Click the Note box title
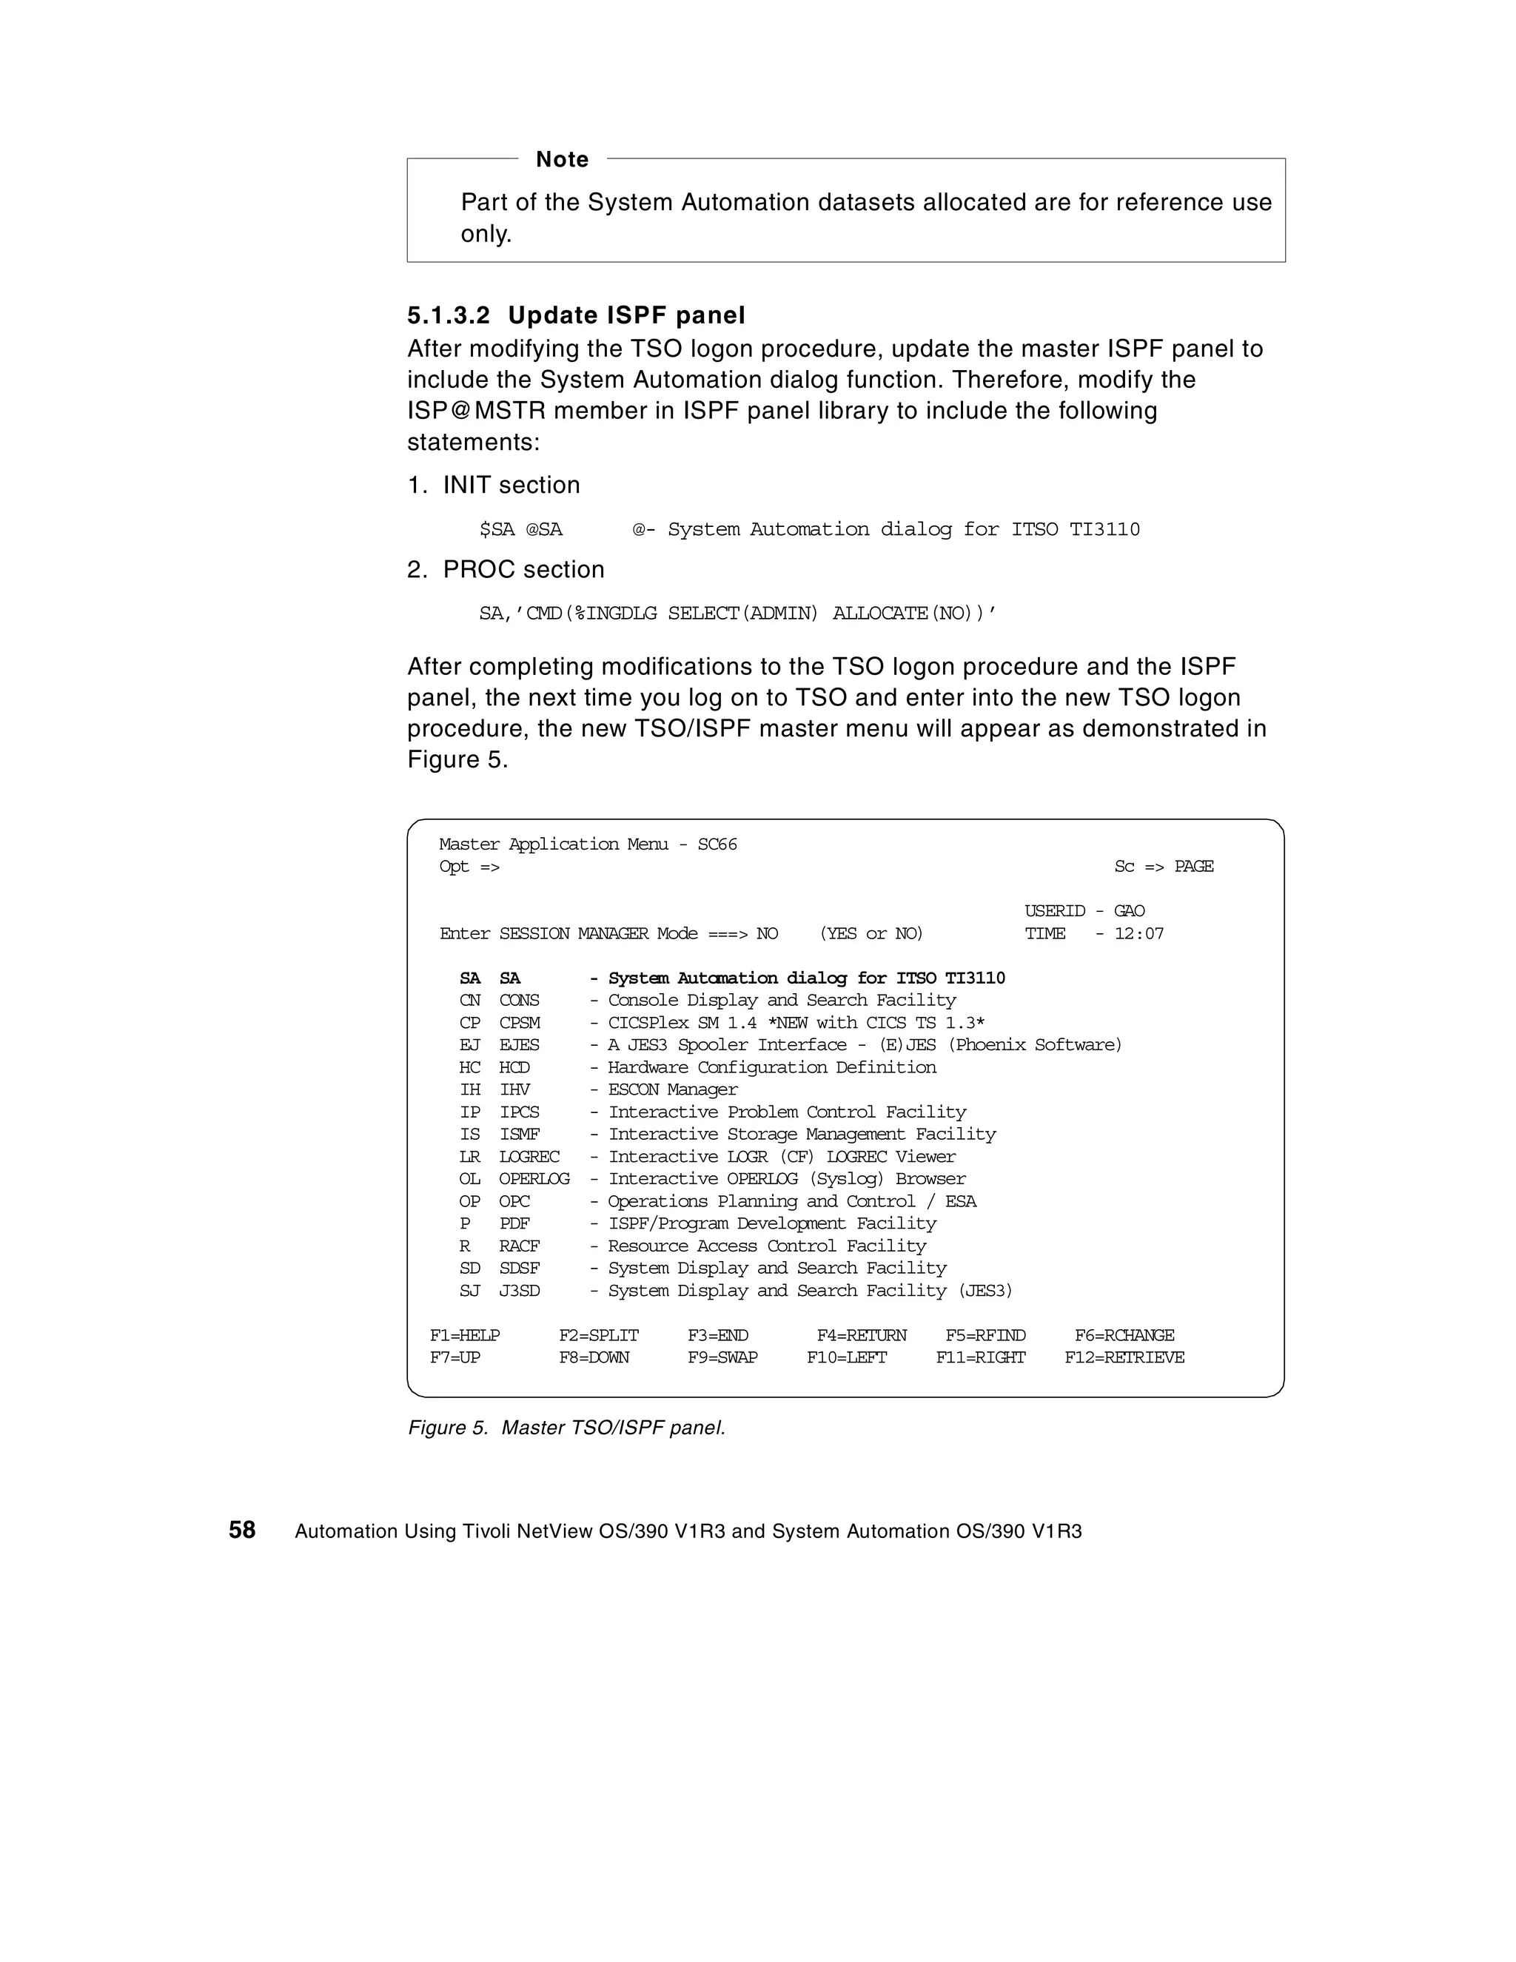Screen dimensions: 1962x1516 click(x=562, y=160)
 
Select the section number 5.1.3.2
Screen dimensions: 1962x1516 click(x=449, y=316)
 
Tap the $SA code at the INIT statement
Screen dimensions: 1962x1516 click(x=497, y=530)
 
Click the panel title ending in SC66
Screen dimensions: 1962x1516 click(x=588, y=844)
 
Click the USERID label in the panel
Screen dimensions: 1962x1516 click(x=1054, y=911)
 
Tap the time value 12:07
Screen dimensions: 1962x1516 click(x=1138, y=933)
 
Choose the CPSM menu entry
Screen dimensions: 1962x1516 click(x=520, y=1024)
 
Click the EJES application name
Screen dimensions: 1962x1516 click(x=520, y=1045)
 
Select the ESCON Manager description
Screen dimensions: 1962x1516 click(x=672, y=1089)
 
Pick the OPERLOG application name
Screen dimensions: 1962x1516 click(x=534, y=1179)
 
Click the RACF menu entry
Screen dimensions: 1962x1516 click(x=520, y=1246)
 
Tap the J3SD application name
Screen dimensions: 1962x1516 click(x=520, y=1291)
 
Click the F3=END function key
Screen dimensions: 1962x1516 click(x=718, y=1336)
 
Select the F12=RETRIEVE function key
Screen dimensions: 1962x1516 click(x=1124, y=1357)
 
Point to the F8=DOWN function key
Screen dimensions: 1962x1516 click(x=594, y=1357)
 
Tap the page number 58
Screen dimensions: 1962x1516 click(x=242, y=1530)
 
